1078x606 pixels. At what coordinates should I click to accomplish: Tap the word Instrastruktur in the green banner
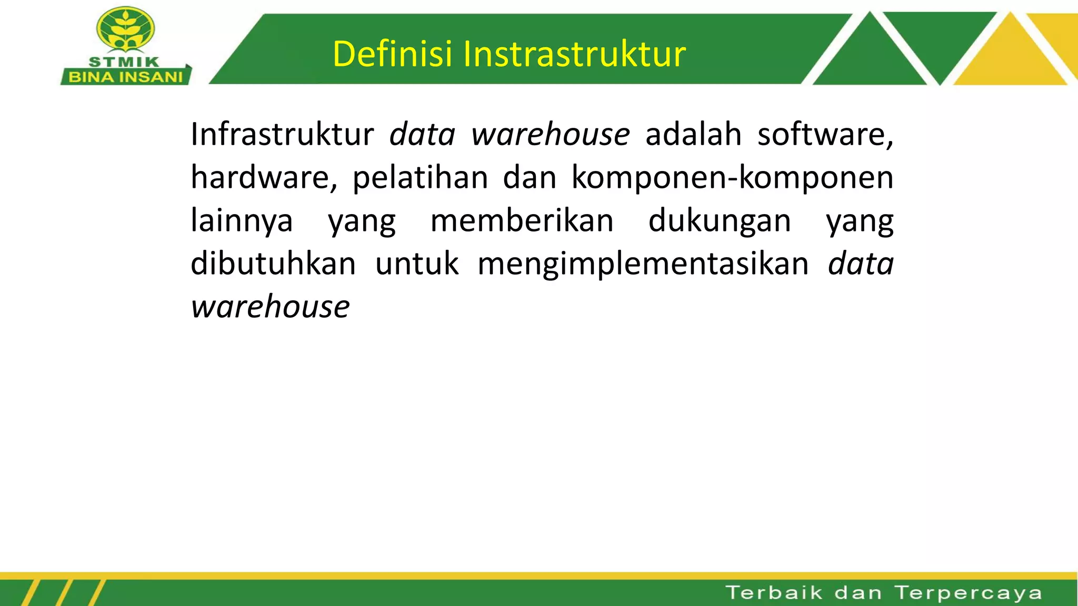(574, 54)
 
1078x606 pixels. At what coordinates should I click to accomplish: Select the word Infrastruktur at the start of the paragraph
(282, 134)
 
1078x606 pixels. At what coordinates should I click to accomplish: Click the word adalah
(693, 134)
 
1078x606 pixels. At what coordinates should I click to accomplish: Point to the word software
(825, 134)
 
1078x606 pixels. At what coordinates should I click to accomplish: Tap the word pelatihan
(420, 177)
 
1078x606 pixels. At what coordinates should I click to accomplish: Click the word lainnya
(242, 220)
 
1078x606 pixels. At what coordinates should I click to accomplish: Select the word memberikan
(522, 220)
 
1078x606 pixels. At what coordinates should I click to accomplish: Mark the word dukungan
(720, 220)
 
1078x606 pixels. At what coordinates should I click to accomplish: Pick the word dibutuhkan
(273, 264)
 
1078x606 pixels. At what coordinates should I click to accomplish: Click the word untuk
(417, 264)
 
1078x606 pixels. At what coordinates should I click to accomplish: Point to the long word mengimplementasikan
(643, 264)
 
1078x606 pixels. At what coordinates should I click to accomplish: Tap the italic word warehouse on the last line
(270, 307)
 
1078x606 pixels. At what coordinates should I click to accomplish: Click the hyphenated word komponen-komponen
(732, 177)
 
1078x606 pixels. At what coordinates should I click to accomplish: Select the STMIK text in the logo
(124, 62)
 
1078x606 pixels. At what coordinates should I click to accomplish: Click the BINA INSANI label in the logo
(126, 77)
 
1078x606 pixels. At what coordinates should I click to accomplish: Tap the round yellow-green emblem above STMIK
(126, 29)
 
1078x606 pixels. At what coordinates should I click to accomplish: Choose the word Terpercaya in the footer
(969, 593)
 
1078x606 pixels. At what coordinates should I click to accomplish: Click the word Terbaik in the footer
(774, 593)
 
